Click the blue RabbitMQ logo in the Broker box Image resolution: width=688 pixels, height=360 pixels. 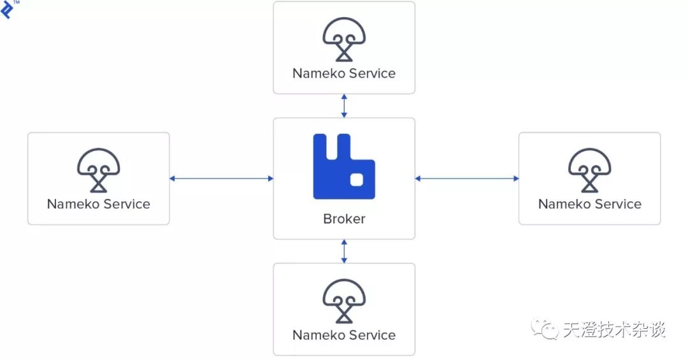344,166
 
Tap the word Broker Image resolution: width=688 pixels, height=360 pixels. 344,219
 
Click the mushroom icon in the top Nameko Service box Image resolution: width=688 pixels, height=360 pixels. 344,40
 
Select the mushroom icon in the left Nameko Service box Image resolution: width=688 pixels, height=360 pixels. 98,170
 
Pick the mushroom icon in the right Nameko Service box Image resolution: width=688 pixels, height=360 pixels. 590,170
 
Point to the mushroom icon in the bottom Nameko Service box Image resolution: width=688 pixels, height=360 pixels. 344,301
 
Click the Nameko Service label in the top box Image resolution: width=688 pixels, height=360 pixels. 344,73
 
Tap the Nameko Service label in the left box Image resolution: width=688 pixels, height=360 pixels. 98,204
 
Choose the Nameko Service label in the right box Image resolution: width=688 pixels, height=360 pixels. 590,204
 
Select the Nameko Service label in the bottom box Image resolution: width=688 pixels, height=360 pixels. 344,335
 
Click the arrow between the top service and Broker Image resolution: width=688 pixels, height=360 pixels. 344,106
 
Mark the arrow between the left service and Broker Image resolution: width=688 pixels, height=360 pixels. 222,178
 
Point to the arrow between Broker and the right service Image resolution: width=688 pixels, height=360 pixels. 467,178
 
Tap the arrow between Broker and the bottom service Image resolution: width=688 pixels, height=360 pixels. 344,251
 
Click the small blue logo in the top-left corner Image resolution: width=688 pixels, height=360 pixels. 7,10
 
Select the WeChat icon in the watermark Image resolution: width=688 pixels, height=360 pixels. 545,329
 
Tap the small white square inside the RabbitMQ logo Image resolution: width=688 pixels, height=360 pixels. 357,180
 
